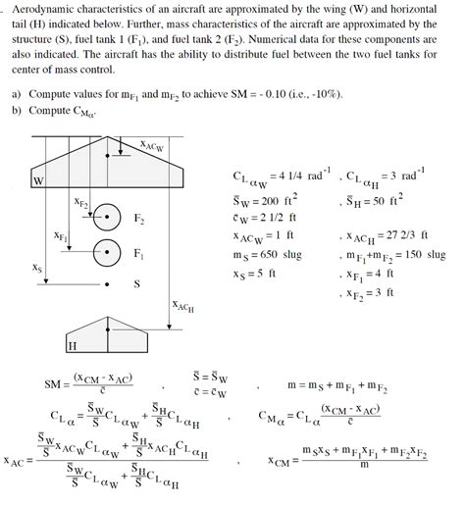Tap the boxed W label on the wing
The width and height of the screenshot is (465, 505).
tap(39, 181)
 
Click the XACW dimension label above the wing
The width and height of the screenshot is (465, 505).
tap(151, 145)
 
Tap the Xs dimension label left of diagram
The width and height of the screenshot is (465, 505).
tap(37, 266)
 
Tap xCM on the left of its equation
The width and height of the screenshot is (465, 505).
tap(282, 458)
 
